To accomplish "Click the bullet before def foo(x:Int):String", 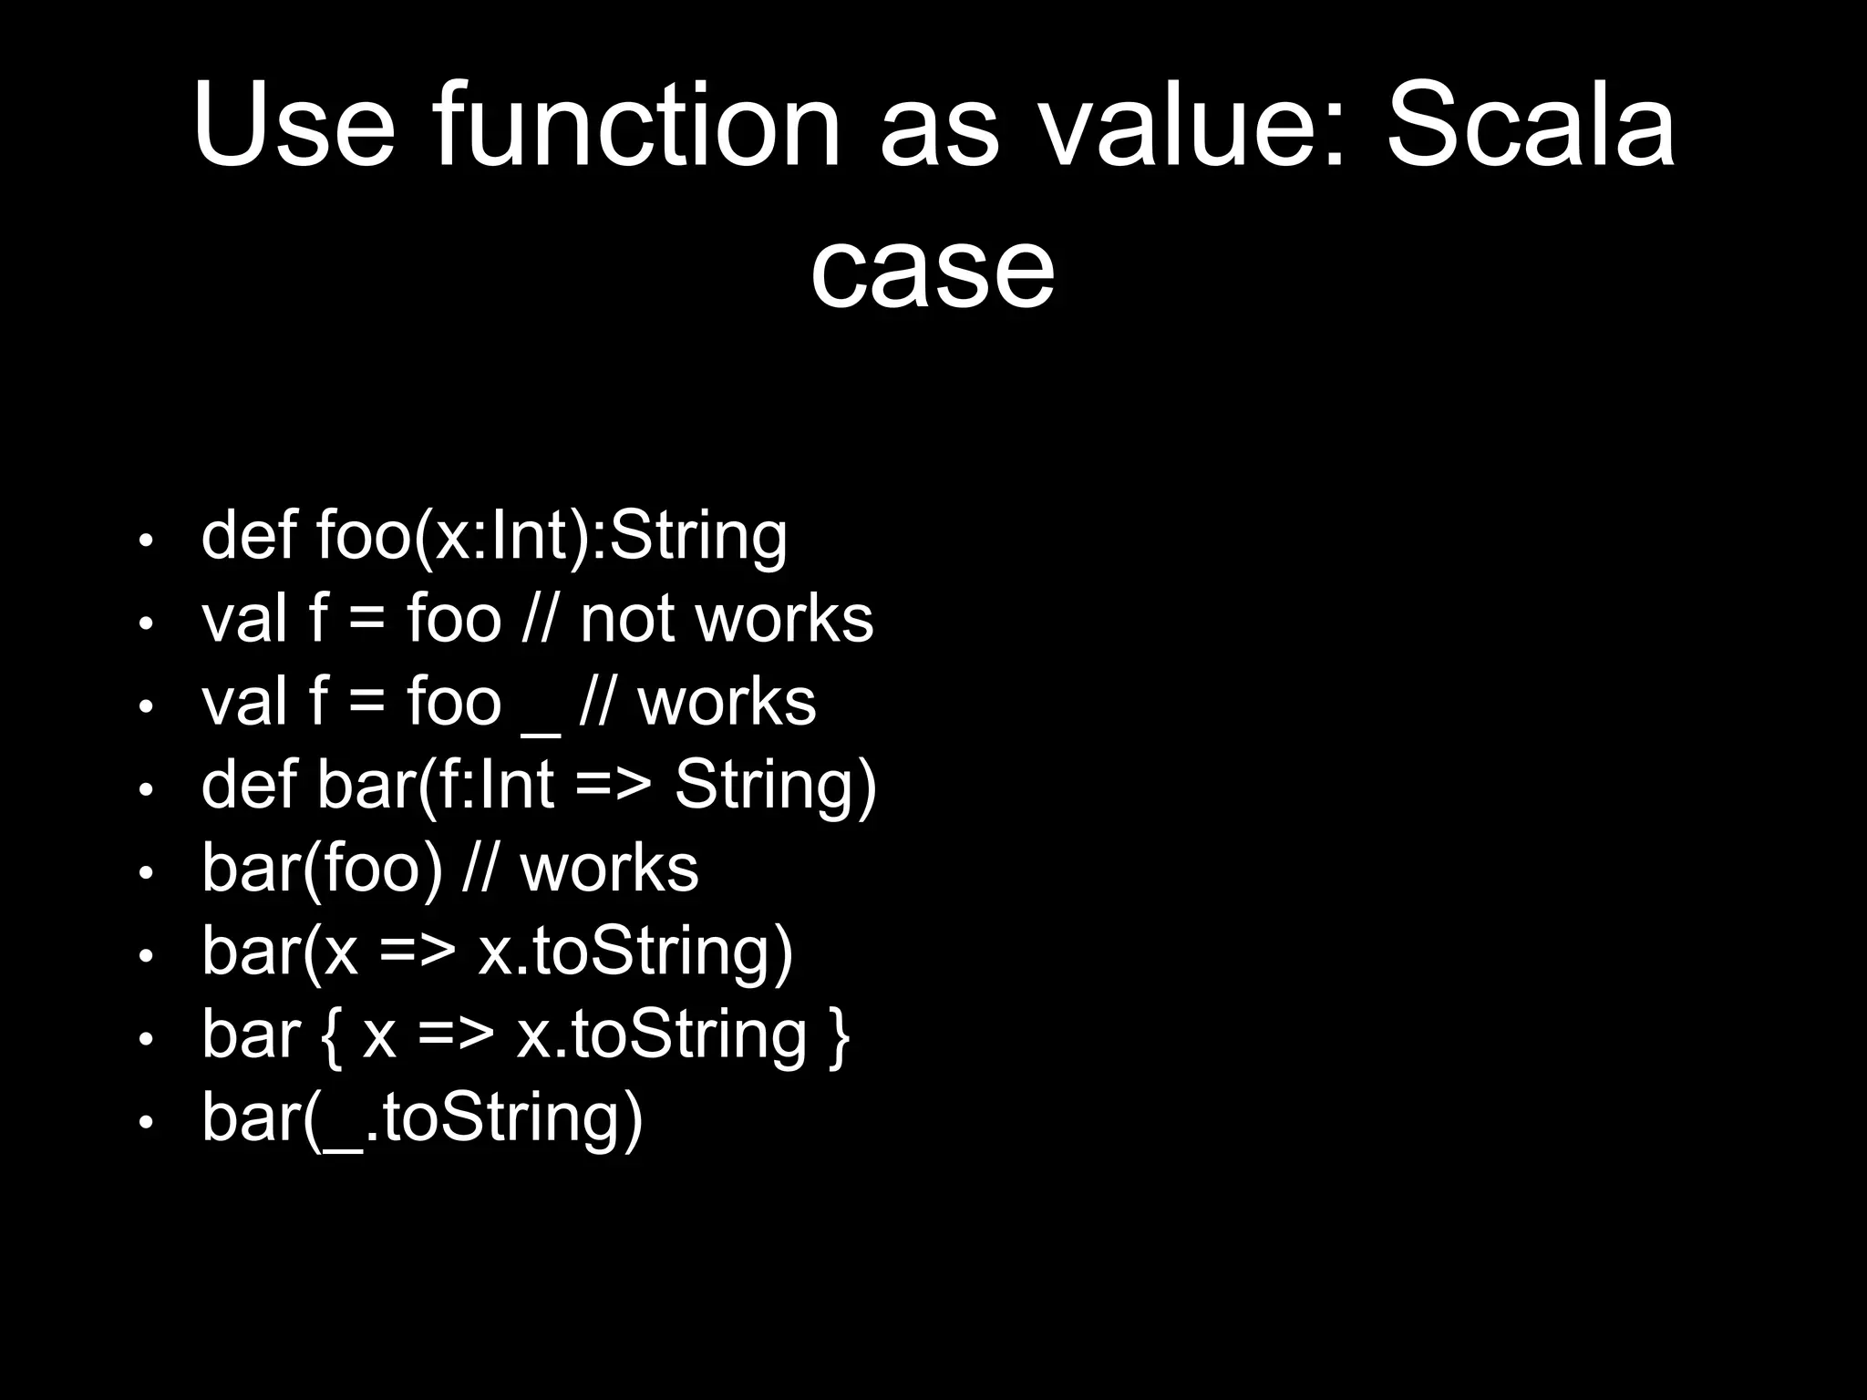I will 145,540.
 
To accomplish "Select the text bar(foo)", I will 322,869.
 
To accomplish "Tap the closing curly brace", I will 841,1035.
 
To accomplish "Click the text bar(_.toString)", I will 422,1118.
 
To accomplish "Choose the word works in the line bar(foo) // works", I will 609,869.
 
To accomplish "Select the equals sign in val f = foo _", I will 366,705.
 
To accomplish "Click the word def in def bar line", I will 248,785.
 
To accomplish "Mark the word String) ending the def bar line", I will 775,786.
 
